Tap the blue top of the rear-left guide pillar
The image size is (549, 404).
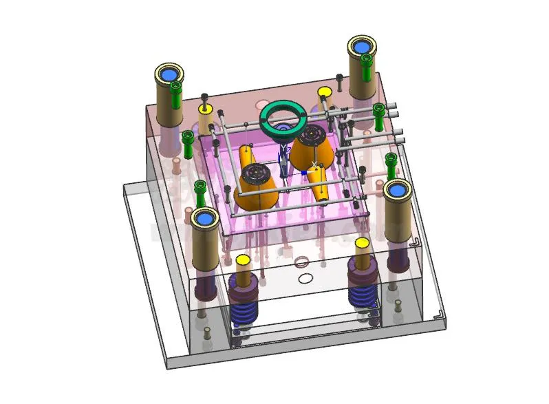[x=169, y=74]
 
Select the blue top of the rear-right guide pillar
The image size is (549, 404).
[x=362, y=47]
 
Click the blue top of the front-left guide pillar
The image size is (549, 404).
[x=204, y=219]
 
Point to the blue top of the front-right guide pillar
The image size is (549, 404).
[x=398, y=189]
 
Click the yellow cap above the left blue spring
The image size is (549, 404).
[x=242, y=262]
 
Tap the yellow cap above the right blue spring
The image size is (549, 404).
[x=362, y=244]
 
